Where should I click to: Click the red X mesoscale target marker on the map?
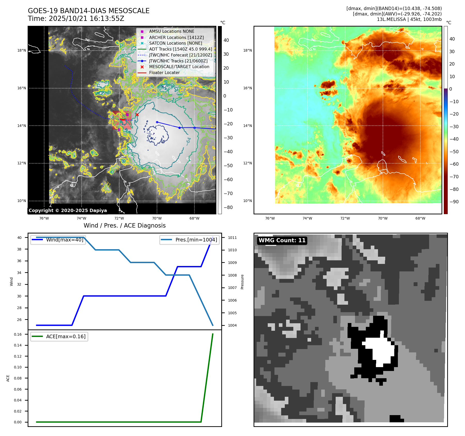(x=137, y=115)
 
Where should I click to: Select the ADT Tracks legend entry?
(x=180, y=49)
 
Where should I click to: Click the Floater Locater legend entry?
(x=164, y=72)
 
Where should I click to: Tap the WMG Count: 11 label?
(x=282, y=240)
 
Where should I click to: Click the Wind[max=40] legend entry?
(x=65, y=240)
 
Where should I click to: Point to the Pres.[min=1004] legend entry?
(x=196, y=240)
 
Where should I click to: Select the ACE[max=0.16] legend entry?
(x=66, y=336)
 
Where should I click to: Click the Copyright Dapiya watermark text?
(x=68, y=211)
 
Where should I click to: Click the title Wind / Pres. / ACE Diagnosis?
(x=125, y=225)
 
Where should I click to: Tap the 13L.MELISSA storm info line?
(x=409, y=19)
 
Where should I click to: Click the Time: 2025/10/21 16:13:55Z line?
(x=76, y=19)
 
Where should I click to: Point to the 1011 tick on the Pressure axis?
(x=232, y=238)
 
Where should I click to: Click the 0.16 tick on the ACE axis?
(x=18, y=334)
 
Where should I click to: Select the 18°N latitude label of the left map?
(x=22, y=50)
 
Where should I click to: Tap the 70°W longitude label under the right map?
(x=383, y=218)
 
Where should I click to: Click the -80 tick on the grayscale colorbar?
(x=228, y=207)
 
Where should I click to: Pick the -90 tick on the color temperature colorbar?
(x=454, y=202)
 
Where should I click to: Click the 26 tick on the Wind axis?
(x=19, y=320)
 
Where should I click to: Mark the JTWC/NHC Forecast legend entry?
(x=180, y=55)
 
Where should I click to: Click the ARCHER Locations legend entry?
(x=176, y=37)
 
